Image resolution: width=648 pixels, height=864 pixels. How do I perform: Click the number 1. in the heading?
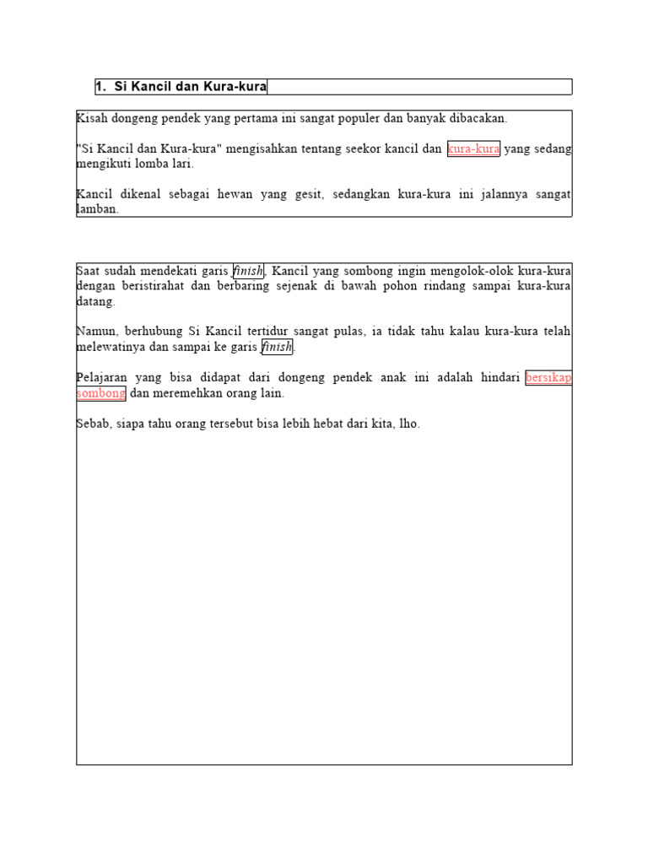[x=101, y=87]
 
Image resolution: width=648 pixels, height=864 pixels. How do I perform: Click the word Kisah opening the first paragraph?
[x=91, y=119]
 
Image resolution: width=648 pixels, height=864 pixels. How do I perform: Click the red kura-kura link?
[x=473, y=149]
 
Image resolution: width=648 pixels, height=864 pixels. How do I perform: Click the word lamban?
[x=96, y=209]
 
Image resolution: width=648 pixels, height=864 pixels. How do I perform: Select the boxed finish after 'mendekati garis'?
[x=248, y=271]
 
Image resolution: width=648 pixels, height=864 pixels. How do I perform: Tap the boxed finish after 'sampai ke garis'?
[x=277, y=347]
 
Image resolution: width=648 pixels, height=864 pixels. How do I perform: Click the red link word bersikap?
[x=548, y=377]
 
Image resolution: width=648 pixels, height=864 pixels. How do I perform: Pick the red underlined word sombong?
[x=101, y=392]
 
